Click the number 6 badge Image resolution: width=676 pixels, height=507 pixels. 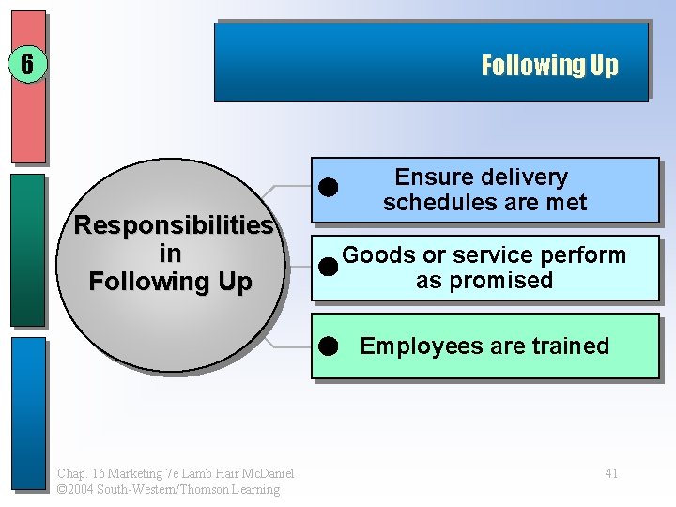(27, 65)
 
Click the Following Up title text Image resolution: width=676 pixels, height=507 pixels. (549, 65)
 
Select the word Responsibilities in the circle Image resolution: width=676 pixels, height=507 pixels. (173, 225)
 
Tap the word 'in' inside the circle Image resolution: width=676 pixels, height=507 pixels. (170, 253)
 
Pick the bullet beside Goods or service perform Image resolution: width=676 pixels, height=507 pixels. (328, 267)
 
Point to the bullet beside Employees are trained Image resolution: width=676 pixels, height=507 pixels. (328, 346)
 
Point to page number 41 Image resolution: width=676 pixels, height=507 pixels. (611, 473)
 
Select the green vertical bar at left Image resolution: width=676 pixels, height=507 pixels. (27, 251)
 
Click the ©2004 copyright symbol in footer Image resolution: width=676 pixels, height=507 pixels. (62, 489)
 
